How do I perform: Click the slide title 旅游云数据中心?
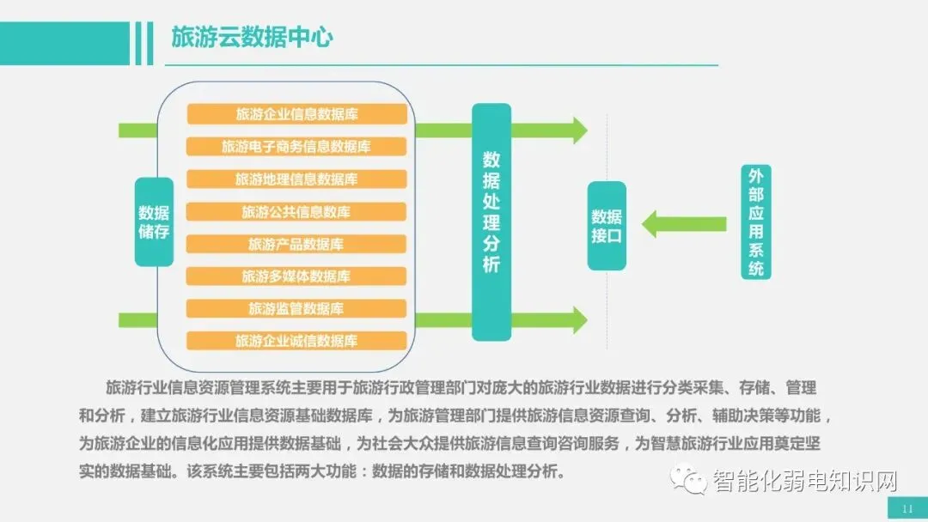(x=252, y=37)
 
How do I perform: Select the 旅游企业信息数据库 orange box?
(x=296, y=114)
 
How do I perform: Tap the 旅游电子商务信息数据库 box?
(x=296, y=147)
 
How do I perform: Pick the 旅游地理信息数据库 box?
(x=296, y=179)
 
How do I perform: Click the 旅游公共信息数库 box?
(x=296, y=212)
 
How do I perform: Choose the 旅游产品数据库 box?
(x=296, y=245)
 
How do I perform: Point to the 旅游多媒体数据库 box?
(x=296, y=276)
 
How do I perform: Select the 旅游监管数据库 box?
(x=296, y=308)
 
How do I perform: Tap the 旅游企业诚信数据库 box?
(x=296, y=341)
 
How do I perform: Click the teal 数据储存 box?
(x=154, y=222)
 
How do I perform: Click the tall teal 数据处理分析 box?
(x=491, y=222)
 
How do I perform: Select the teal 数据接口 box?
(x=607, y=226)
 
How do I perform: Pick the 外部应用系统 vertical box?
(x=755, y=222)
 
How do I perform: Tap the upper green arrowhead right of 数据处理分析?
(x=577, y=130)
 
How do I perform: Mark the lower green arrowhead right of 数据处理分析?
(x=577, y=319)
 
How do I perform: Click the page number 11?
(x=907, y=508)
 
